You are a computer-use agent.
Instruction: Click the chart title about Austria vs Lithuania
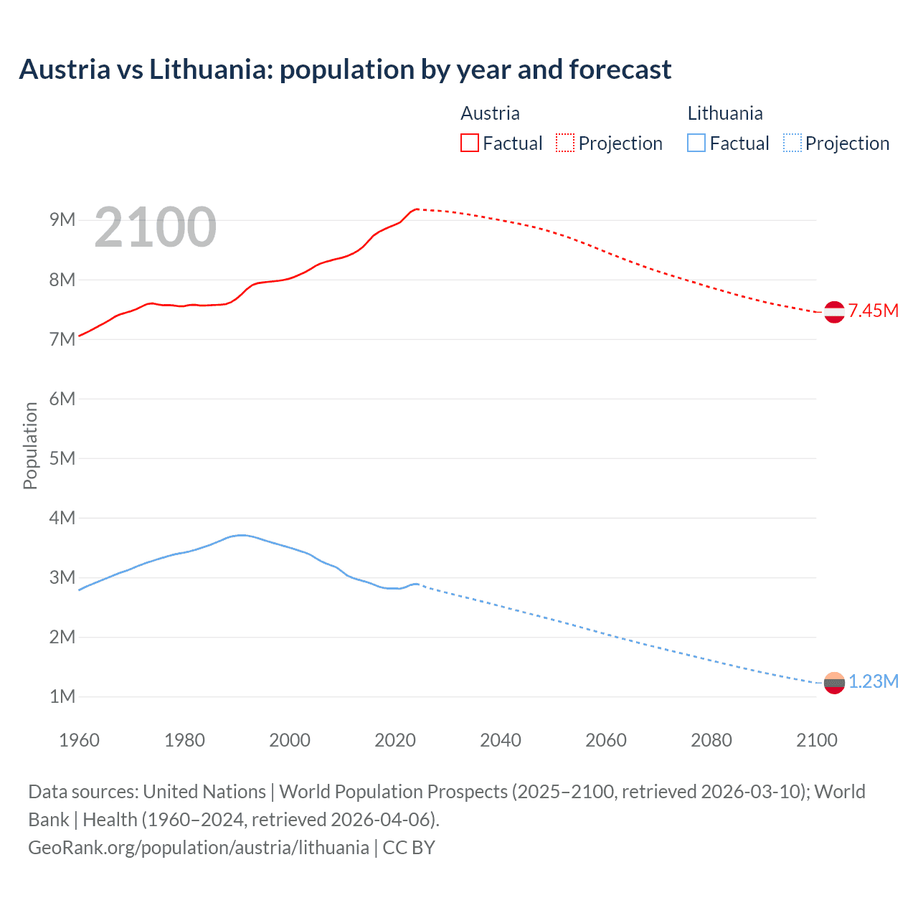[345, 70]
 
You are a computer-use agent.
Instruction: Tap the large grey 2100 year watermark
[155, 227]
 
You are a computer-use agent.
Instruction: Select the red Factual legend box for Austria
[469, 143]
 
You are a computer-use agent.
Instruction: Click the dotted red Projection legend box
[565, 143]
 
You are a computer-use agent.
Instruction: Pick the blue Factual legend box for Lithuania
[696, 143]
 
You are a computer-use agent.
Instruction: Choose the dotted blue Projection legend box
[792, 143]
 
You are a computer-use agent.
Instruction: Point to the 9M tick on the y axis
[62, 220]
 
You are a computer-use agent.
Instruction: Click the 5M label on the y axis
[62, 458]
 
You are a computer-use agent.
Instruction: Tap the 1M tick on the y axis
[62, 696]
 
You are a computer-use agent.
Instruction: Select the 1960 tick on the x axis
[79, 740]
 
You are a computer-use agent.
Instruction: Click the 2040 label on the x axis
[501, 740]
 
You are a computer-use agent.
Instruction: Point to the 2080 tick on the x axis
[711, 740]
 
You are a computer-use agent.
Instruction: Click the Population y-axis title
[30, 445]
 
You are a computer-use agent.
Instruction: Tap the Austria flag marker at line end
[834, 312]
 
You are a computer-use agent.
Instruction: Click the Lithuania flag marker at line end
[834, 683]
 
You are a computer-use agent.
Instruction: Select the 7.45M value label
[873, 311]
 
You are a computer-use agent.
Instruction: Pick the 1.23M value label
[873, 681]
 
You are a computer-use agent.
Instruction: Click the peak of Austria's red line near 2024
[417, 209]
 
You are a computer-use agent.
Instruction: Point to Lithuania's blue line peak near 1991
[242, 535]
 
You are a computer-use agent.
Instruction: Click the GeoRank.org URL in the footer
[199, 848]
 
